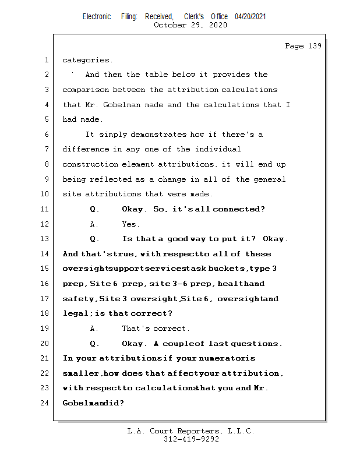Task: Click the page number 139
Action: click(x=315, y=46)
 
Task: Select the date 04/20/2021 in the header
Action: click(x=250, y=17)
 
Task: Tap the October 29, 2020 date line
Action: click(x=190, y=25)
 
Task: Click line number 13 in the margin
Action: click(x=45, y=239)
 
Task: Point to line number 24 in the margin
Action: click(x=45, y=403)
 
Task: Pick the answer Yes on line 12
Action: click(x=130, y=224)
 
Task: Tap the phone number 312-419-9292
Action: click(x=190, y=440)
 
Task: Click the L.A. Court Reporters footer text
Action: click(x=190, y=431)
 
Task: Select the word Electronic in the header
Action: click(x=97, y=17)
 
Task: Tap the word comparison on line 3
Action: click(x=86, y=90)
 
